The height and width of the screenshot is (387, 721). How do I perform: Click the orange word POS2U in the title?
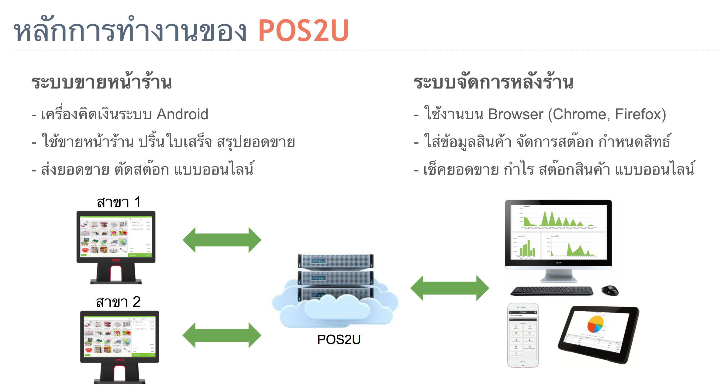[303, 31]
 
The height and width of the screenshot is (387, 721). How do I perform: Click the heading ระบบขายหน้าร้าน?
[102, 82]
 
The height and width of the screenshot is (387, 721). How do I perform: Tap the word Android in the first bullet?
[182, 114]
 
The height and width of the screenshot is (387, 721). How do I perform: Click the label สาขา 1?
[119, 202]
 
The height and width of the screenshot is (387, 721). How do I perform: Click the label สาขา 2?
[118, 302]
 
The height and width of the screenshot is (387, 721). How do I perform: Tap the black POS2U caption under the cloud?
[339, 339]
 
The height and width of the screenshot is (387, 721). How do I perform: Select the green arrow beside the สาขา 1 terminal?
[222, 240]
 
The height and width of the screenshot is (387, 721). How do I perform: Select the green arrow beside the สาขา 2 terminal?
[222, 335]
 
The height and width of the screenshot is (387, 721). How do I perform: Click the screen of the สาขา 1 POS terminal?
[116, 237]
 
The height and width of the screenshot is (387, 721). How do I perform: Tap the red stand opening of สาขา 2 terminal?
[119, 373]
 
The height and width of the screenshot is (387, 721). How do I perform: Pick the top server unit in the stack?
[336, 261]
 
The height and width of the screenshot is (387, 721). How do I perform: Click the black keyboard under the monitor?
[551, 291]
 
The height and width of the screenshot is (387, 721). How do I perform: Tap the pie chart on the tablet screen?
[595, 324]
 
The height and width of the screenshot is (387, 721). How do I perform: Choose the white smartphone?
[523, 335]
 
